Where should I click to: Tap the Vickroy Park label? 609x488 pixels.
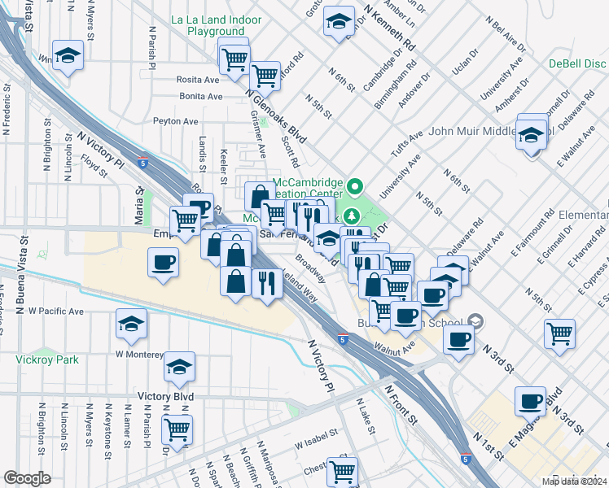[42, 359]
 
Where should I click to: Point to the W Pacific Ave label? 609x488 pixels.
[56, 312]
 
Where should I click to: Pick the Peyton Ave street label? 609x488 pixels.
[176, 121]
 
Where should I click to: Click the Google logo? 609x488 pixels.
[27, 478]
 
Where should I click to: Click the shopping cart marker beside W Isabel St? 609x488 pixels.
[342, 470]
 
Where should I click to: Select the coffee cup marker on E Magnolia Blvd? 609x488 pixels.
[531, 400]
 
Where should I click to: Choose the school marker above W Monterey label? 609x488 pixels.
[131, 324]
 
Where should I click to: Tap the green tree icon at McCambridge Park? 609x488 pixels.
[352, 216]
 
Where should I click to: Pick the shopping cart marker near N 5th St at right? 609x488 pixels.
[559, 331]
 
